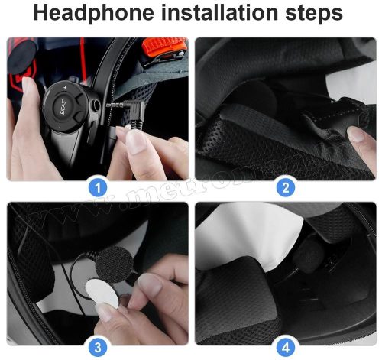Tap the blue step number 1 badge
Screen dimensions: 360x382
[x=98, y=186]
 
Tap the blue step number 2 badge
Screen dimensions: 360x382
[x=285, y=186]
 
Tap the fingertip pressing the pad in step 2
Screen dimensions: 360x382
[x=358, y=135]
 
